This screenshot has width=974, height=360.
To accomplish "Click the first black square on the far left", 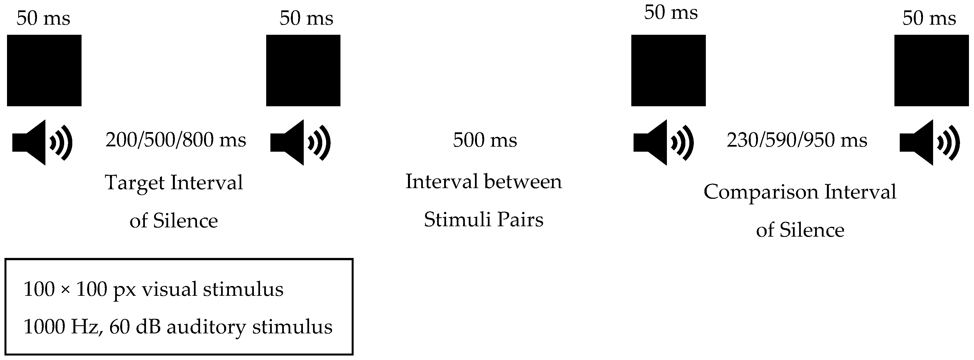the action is (x=44, y=70).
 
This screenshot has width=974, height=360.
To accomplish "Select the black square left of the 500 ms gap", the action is (x=303, y=70).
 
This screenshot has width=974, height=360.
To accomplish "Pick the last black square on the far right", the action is (x=931, y=70).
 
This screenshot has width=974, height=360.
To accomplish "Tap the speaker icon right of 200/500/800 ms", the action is (x=300, y=142).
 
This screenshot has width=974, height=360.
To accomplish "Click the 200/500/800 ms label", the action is (x=176, y=140).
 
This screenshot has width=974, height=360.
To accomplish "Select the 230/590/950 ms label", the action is (x=797, y=140).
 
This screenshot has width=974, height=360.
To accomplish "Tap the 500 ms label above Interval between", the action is (x=485, y=140).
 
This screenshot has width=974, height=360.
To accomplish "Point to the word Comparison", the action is (x=760, y=192).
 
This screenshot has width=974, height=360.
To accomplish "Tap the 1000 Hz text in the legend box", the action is (x=61, y=327).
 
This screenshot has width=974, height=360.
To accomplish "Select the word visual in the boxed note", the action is (x=170, y=290).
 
